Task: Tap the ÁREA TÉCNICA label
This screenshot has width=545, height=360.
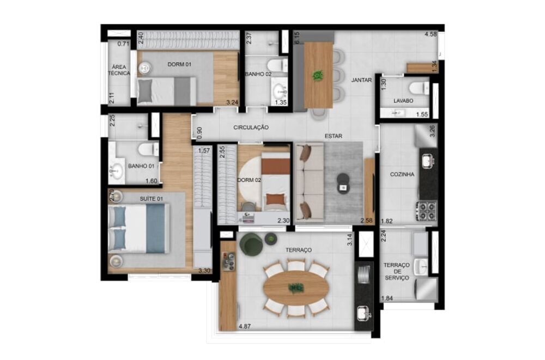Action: pos(119,70)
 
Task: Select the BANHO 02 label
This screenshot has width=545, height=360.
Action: pos(258,74)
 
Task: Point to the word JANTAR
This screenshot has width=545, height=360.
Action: pos(361,80)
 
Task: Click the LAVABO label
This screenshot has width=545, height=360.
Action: pos(403,101)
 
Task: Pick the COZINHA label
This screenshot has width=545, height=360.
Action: pos(402,175)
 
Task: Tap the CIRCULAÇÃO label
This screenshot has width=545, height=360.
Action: pos(251,127)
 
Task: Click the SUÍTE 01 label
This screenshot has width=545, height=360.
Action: pos(152,199)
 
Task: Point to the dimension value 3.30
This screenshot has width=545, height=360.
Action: pos(204,271)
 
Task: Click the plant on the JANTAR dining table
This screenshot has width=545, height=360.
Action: pos(318,76)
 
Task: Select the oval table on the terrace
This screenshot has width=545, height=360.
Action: pos(296,288)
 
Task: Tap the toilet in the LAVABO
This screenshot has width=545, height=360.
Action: pos(419,88)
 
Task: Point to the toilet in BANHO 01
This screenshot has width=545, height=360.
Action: pos(146,149)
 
